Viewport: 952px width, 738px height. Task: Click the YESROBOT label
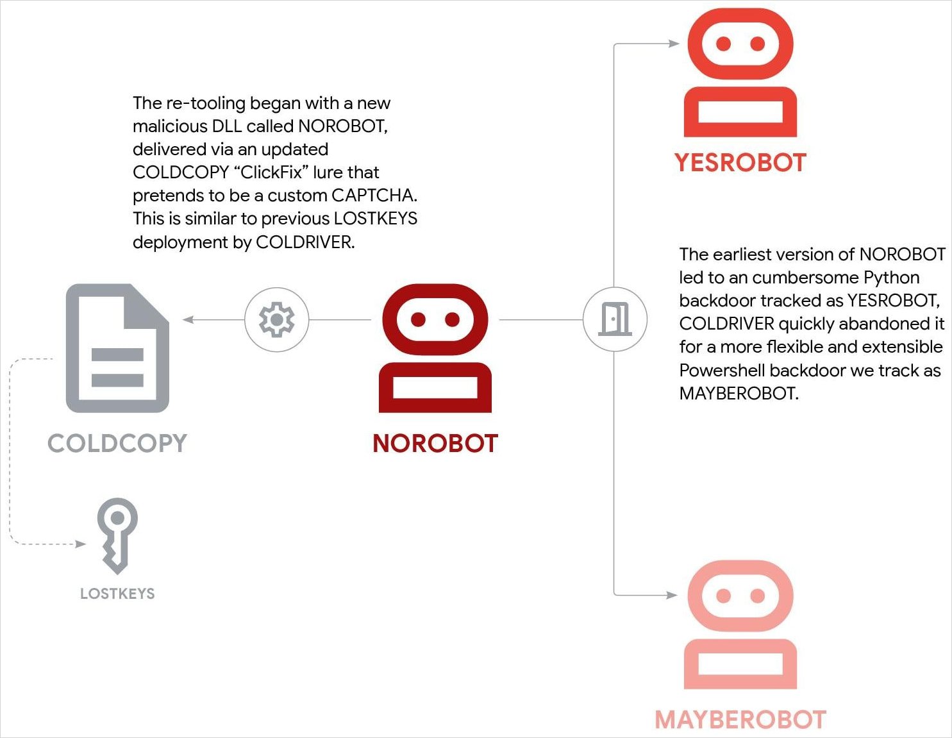pos(740,163)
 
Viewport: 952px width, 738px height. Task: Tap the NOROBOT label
pos(435,444)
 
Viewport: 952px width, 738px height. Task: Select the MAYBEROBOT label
pos(740,720)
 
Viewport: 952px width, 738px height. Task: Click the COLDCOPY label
pos(117,444)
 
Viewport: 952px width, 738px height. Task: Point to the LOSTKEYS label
pos(117,594)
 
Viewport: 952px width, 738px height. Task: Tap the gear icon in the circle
pos(276,319)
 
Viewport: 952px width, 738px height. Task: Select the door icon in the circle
pos(615,319)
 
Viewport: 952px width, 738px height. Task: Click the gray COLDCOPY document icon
pos(117,348)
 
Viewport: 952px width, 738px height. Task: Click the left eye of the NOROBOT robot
pos(418,319)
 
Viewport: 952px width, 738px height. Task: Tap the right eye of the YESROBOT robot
pos(758,44)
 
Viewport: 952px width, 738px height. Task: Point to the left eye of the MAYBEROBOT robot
pos(723,596)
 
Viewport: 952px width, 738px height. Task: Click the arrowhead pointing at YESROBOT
pos(674,44)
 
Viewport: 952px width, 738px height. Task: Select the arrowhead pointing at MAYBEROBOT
pos(672,595)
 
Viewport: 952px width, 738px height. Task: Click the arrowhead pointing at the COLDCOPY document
pos(188,319)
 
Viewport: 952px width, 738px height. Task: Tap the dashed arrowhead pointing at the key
pos(81,544)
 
